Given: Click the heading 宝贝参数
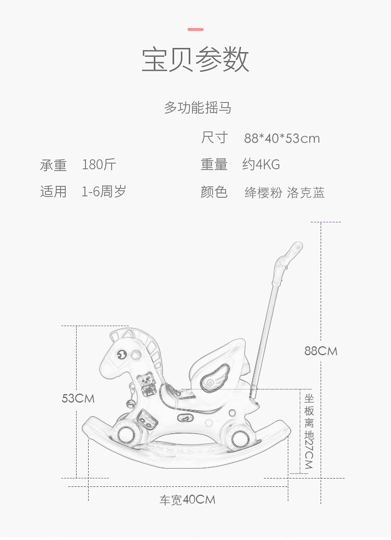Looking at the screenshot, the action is (195, 60).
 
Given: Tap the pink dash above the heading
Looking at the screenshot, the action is (195, 29).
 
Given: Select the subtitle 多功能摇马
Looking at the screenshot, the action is (198, 108).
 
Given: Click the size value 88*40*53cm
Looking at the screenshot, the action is (282, 139).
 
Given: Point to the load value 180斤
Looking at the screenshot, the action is (99, 165).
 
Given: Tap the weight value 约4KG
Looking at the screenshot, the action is (261, 165).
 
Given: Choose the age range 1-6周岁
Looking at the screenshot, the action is (104, 192).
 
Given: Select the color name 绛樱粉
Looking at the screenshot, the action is (264, 193).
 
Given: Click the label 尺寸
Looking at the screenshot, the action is (214, 138).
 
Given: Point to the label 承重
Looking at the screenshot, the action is (53, 166).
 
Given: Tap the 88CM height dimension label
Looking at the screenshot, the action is (321, 351).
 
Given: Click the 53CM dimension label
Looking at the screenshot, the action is (78, 398).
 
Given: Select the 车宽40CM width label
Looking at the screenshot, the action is (187, 500).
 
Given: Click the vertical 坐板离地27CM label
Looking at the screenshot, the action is (309, 431).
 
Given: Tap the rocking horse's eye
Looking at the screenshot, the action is (121, 354).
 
